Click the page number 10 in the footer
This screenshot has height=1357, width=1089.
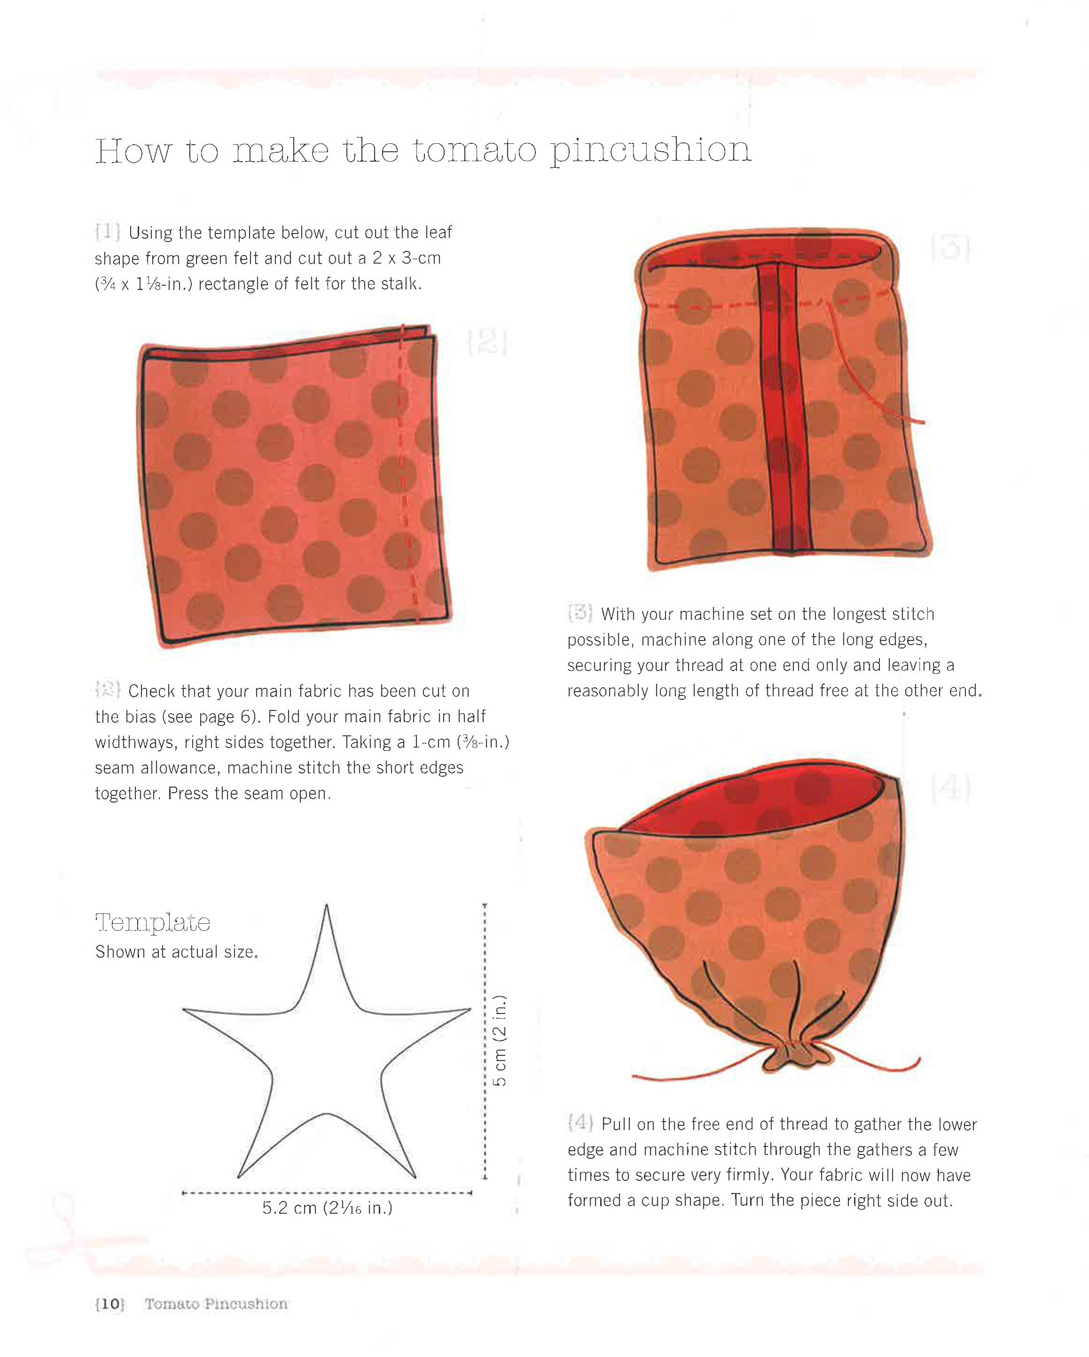(x=110, y=1303)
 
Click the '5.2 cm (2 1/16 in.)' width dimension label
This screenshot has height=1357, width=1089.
(x=327, y=1208)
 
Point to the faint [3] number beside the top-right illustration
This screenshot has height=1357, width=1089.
(x=950, y=248)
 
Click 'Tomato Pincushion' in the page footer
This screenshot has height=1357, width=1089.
(x=216, y=1303)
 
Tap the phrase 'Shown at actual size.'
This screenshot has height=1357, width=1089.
(x=176, y=951)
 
